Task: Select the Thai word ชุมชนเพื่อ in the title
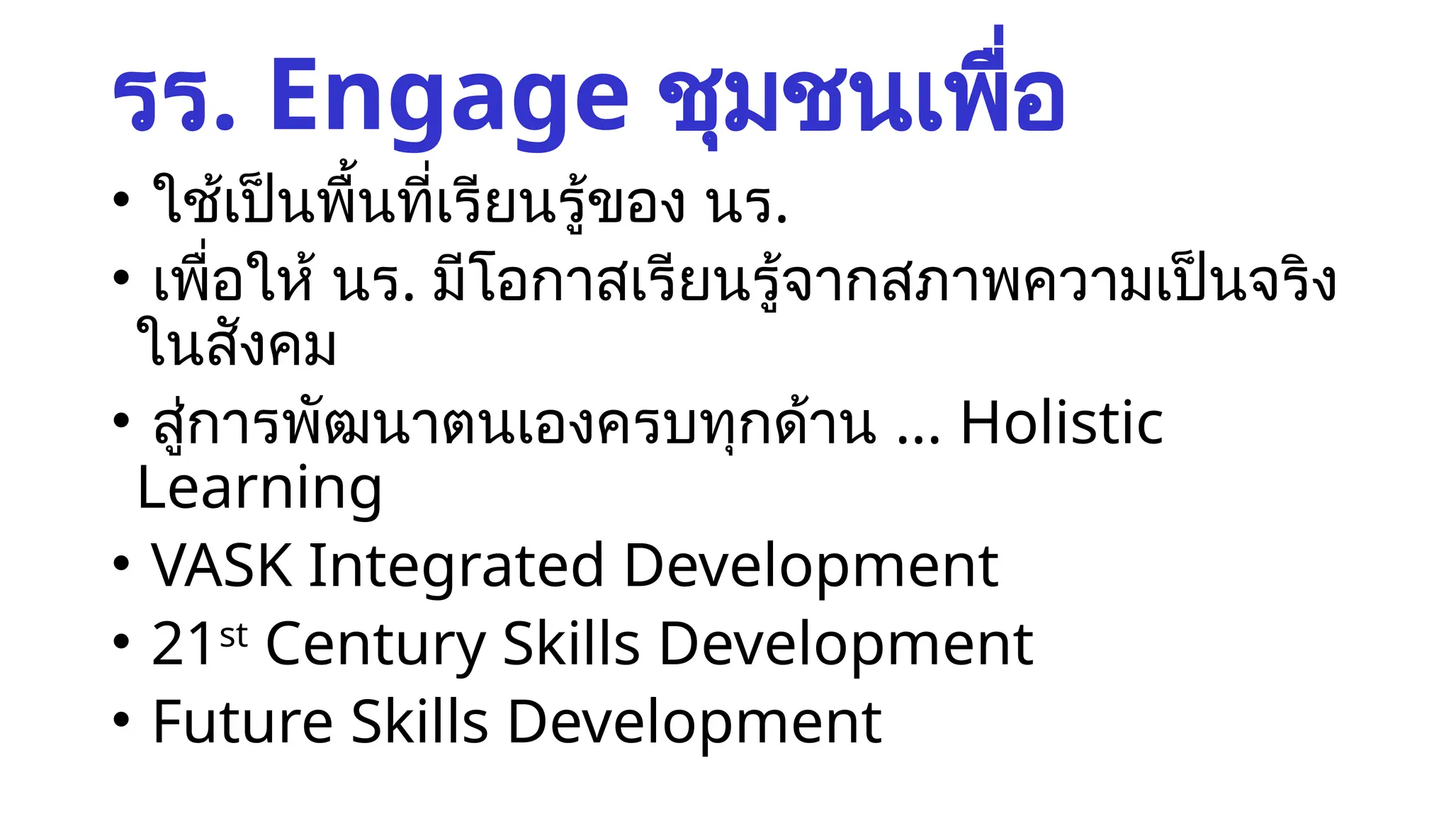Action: coord(861,96)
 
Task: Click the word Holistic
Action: coord(1061,424)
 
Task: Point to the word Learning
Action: coord(259,489)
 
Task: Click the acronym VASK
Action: coord(222,567)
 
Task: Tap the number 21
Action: coord(182,645)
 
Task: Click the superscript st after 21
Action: coord(234,635)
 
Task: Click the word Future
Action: coord(242,722)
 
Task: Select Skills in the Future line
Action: coord(419,722)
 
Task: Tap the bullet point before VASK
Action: coord(121,564)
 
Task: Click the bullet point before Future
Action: coord(121,720)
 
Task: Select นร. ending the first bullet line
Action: coord(746,205)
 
